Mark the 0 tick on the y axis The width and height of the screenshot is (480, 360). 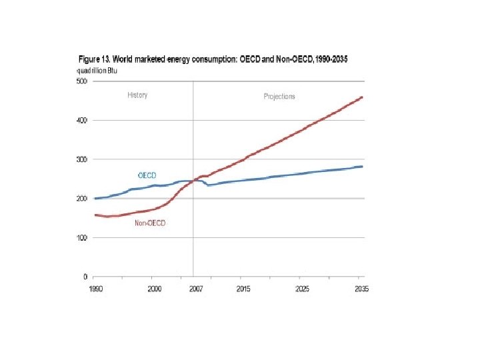(85, 276)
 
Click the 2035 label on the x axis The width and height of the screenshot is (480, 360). (361, 289)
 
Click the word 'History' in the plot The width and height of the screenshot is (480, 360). (137, 95)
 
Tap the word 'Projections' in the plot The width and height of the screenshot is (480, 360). (279, 97)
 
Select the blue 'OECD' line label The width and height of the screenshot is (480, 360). (147, 175)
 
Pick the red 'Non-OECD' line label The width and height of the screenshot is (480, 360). (150, 223)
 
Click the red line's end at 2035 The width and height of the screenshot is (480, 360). (361, 97)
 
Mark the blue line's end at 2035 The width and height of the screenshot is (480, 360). (361, 167)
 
